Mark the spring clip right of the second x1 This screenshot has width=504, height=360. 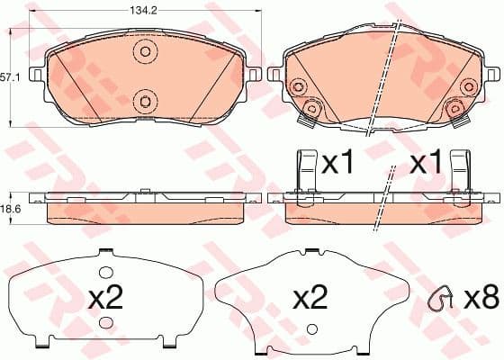pyautogui.click(x=462, y=170)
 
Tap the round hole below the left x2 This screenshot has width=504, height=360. pyautogui.click(x=106, y=323)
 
